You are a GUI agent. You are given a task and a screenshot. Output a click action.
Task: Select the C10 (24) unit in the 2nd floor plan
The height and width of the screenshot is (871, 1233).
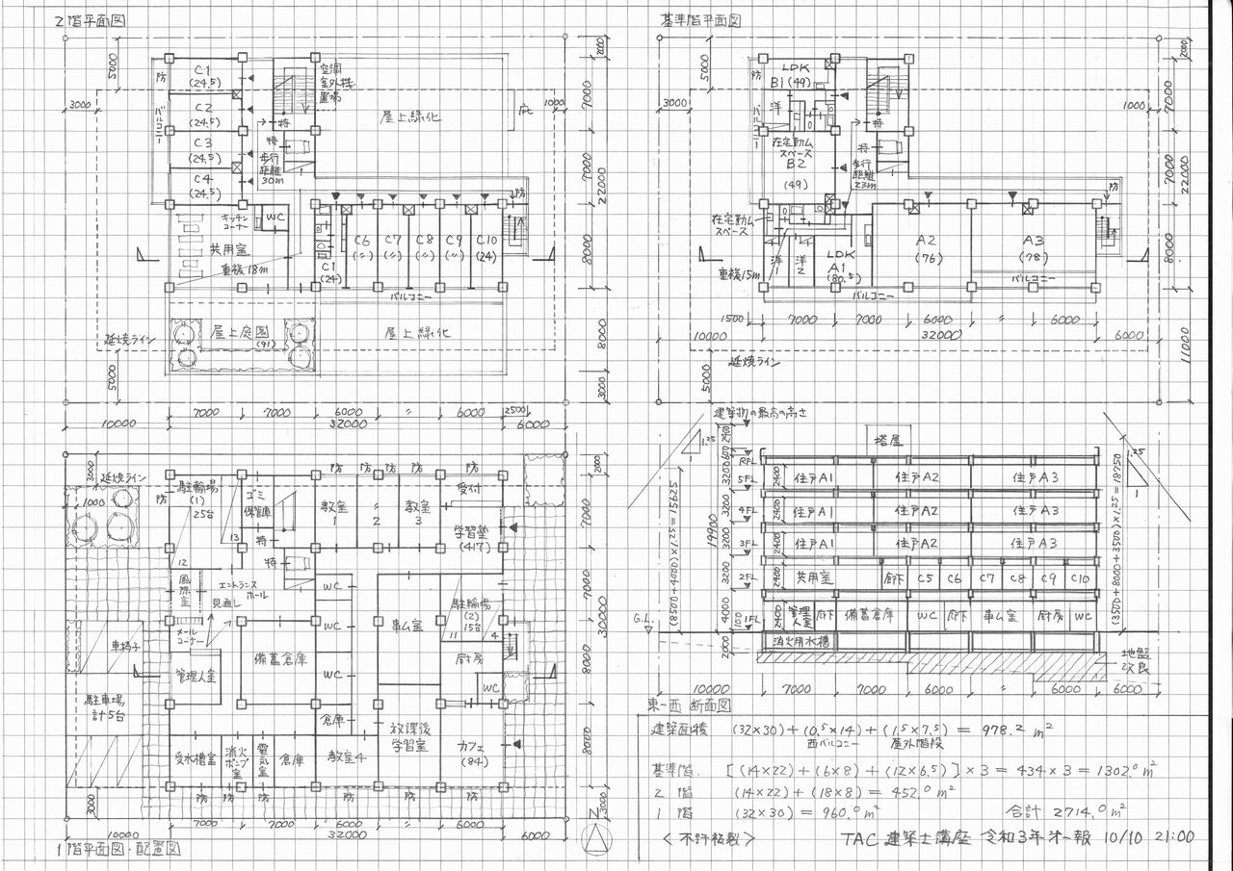[487, 247]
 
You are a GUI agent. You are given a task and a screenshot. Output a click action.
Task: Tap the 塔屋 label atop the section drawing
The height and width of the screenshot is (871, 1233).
[887, 440]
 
